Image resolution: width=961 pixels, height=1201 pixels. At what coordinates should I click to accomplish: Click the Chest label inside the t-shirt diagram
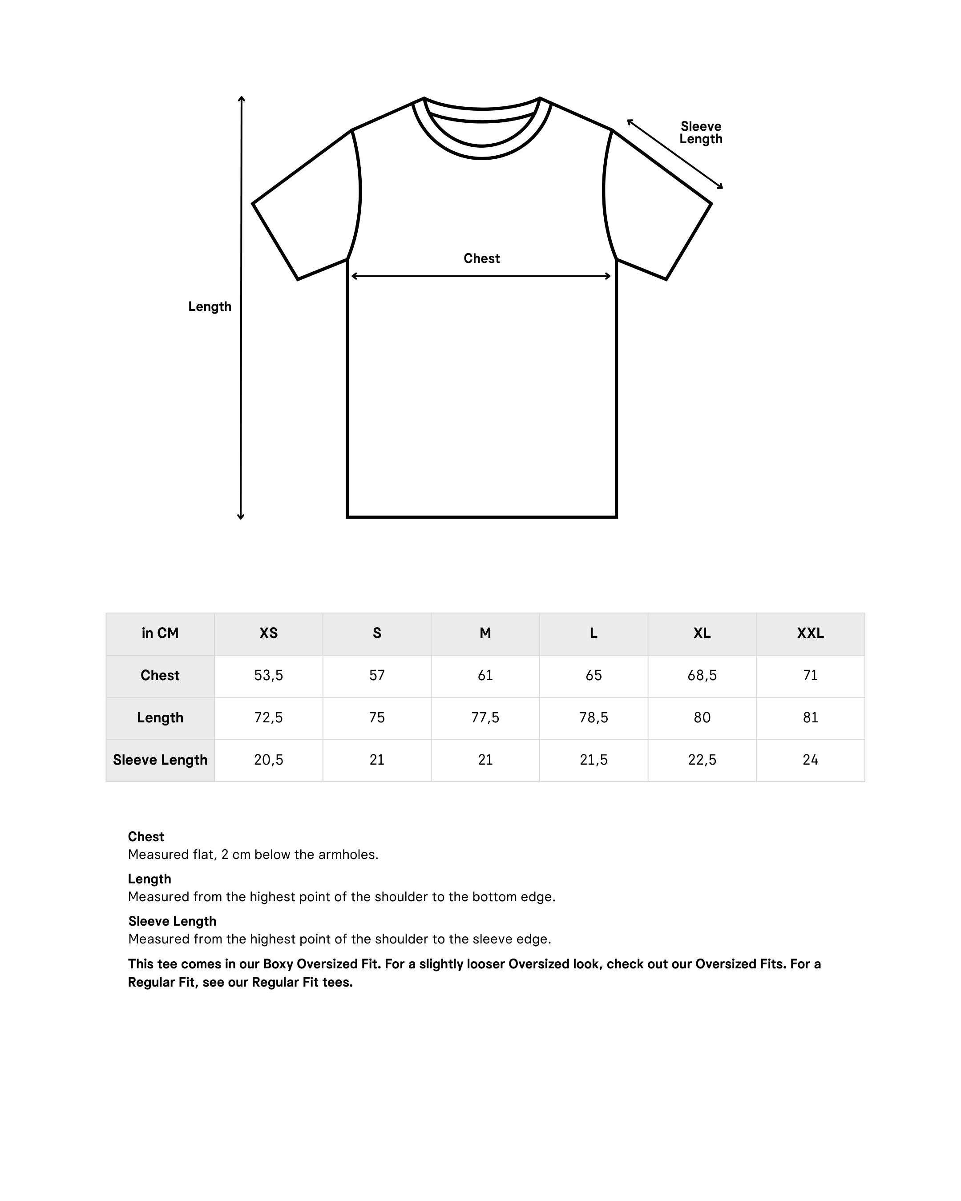tap(481, 258)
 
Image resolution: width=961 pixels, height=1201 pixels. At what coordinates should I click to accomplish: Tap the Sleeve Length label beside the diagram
tap(700, 133)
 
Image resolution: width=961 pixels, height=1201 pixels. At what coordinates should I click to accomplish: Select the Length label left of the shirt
tap(210, 306)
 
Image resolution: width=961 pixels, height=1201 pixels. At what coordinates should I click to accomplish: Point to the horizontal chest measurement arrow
tap(481, 276)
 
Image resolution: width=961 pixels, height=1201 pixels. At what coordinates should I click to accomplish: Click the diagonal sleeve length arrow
tap(674, 154)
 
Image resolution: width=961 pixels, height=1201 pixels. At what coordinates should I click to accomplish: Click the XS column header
tap(269, 633)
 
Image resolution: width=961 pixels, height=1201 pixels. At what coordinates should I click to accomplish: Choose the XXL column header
tap(810, 633)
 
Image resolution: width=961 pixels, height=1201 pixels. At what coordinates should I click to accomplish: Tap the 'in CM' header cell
tap(160, 633)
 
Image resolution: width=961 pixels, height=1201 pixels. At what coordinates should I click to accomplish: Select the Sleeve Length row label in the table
tap(160, 760)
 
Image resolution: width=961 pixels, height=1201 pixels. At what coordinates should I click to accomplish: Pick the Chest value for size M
tap(485, 676)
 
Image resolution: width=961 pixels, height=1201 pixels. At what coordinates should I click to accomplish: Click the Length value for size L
tap(594, 717)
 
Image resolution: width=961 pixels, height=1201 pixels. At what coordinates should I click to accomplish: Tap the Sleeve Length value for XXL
tap(810, 760)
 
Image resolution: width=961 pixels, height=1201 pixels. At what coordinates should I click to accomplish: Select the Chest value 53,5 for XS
tap(269, 676)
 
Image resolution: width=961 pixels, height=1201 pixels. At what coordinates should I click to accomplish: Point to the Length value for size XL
tap(702, 717)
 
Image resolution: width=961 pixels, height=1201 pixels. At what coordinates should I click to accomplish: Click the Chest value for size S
tap(376, 676)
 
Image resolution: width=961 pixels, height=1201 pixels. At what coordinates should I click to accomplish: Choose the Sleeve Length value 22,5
tap(702, 760)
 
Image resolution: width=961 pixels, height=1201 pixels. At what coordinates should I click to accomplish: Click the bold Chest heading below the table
tap(146, 837)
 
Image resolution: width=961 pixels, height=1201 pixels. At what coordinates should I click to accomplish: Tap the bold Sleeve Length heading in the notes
tap(172, 921)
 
